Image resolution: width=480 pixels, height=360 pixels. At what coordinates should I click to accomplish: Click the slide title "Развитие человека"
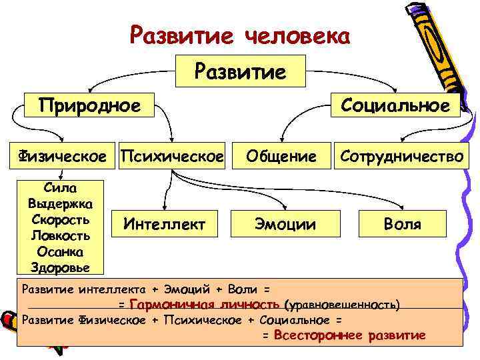(239, 35)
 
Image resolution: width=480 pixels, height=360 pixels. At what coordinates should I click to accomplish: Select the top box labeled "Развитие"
(239, 71)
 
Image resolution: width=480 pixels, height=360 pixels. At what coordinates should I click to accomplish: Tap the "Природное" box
(89, 105)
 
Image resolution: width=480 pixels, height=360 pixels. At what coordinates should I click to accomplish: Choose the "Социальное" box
(395, 105)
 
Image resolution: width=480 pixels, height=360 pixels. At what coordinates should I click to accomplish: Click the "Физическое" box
(61, 157)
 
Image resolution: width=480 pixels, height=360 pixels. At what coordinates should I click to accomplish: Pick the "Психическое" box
(171, 157)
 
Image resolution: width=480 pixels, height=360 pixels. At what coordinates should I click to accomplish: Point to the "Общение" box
(281, 157)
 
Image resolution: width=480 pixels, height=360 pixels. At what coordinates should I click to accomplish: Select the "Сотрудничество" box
(401, 157)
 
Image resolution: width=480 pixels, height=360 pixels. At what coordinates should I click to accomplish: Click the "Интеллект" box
(164, 224)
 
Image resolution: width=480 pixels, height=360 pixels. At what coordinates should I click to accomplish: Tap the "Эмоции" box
(281, 224)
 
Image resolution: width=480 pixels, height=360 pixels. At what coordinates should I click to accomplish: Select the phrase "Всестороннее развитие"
(349, 335)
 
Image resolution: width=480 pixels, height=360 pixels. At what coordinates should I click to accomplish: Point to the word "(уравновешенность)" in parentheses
(342, 305)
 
